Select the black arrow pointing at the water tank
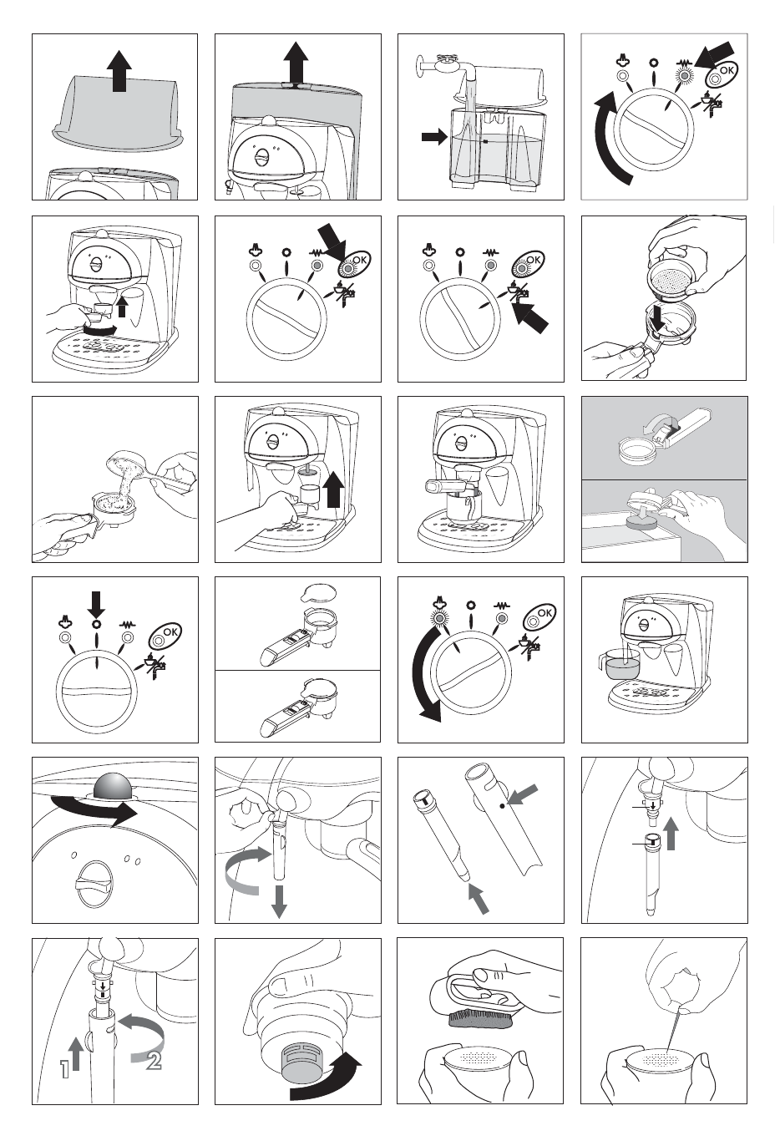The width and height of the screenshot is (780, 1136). (434, 136)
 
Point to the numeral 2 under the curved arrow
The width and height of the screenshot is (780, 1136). (154, 1062)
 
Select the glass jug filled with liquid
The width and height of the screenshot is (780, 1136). (620, 664)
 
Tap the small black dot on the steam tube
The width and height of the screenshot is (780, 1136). (502, 805)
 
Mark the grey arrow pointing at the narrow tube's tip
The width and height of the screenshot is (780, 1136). (479, 898)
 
